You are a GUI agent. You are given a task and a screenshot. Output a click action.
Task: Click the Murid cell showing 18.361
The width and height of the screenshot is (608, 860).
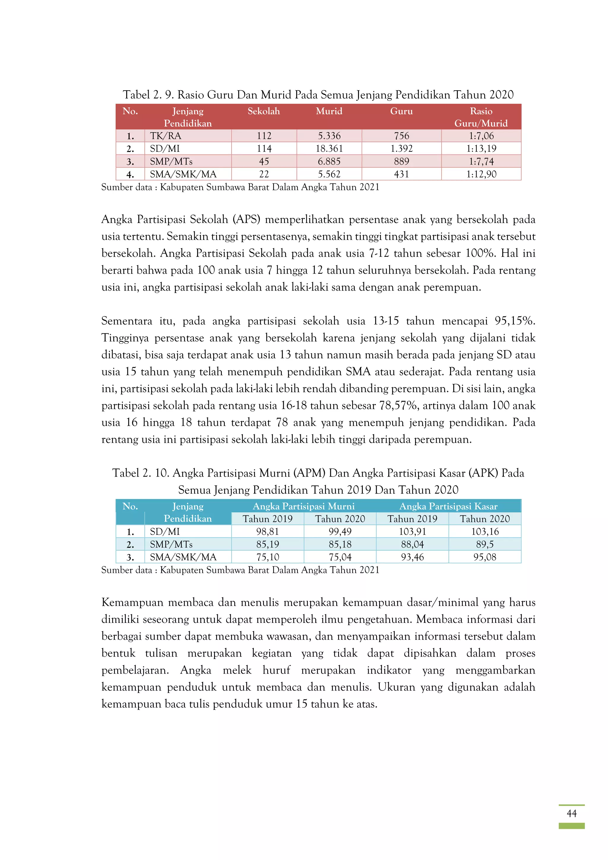329,149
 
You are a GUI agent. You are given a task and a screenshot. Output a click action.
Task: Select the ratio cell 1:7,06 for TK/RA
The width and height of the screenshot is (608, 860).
481,136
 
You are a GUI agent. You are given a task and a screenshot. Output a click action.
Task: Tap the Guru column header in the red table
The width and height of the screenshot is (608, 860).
401,111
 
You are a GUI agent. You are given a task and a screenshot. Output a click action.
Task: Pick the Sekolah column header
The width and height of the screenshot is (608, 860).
263,111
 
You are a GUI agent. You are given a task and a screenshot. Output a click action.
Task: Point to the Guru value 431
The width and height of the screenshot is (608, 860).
401,174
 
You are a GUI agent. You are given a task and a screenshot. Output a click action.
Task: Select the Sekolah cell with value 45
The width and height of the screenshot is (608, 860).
264,161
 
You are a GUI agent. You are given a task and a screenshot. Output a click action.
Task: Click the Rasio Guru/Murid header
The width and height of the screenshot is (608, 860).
481,117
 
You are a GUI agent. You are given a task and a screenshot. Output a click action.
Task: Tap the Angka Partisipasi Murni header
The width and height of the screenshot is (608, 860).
303,506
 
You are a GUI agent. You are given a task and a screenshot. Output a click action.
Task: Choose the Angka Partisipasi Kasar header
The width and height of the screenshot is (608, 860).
448,506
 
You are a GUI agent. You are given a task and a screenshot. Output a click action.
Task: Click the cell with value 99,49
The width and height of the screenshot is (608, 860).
340,531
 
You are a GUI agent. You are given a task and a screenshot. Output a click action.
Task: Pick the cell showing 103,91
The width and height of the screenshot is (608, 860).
412,531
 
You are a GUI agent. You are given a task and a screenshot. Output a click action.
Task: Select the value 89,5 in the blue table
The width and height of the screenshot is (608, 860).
484,544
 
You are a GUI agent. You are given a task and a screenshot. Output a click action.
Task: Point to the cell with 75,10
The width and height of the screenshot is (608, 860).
267,557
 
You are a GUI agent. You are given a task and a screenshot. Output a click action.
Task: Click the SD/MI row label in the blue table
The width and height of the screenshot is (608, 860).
165,531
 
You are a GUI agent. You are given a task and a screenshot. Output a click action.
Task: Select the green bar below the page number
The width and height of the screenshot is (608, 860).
571,826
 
